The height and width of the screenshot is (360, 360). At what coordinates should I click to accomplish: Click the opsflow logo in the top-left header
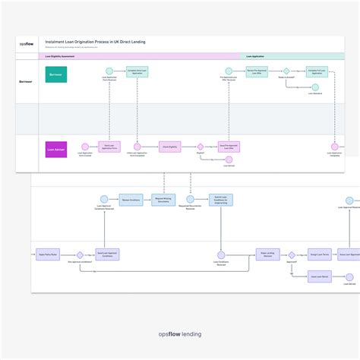pos(27,44)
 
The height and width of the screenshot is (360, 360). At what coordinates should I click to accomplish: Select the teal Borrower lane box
pos(56,74)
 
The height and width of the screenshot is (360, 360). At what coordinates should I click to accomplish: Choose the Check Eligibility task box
pos(169,147)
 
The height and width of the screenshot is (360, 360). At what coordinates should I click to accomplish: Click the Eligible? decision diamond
pos(201,147)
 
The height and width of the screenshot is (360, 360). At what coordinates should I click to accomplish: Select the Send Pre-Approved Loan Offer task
pos(229,147)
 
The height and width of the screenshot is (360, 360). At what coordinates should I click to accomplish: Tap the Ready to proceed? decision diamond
pos(286,71)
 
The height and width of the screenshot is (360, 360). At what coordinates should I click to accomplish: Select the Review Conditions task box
pos(130,201)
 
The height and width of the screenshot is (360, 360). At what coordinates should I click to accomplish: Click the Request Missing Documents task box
pos(162,201)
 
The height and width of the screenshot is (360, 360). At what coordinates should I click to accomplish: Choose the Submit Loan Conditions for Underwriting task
pos(220,201)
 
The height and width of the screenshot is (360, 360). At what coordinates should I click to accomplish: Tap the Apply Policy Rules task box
pos(47,255)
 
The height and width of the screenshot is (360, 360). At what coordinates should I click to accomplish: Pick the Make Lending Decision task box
pos(267,255)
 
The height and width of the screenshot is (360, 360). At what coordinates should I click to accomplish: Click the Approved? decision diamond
pos(292,255)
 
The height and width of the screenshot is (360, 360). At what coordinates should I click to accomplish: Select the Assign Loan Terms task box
pos(318,255)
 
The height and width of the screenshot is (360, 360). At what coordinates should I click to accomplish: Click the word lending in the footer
pos(190,333)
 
